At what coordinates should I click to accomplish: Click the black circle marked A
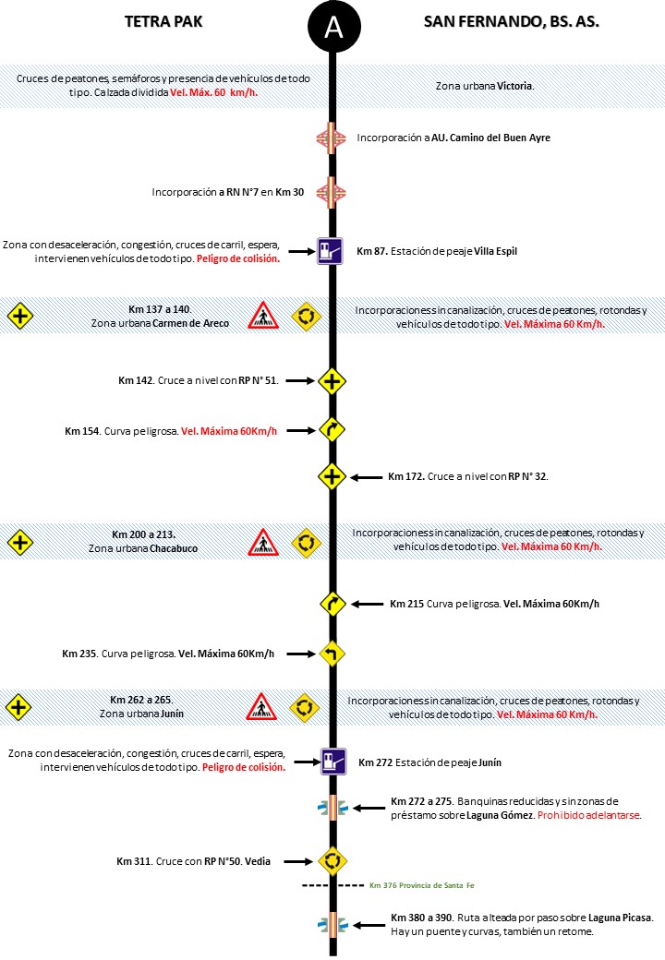click(332, 28)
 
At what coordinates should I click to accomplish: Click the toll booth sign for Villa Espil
click(331, 251)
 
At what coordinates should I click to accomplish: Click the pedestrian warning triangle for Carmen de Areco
click(263, 317)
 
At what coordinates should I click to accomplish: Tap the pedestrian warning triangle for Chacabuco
click(263, 543)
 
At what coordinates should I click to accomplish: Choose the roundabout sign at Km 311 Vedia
click(332, 861)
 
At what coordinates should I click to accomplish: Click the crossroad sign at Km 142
click(332, 380)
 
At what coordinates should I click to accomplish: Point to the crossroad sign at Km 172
click(332, 477)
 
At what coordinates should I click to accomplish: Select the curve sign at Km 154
click(332, 430)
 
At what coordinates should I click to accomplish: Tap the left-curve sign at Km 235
click(332, 654)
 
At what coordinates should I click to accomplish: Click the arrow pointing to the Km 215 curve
click(367, 605)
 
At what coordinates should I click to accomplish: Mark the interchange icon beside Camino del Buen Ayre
click(331, 138)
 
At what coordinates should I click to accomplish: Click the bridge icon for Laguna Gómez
click(332, 809)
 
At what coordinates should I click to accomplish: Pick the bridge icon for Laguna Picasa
click(332, 924)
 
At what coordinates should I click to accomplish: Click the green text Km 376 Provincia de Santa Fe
click(420, 886)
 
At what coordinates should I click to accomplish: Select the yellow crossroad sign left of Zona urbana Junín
click(18, 707)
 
